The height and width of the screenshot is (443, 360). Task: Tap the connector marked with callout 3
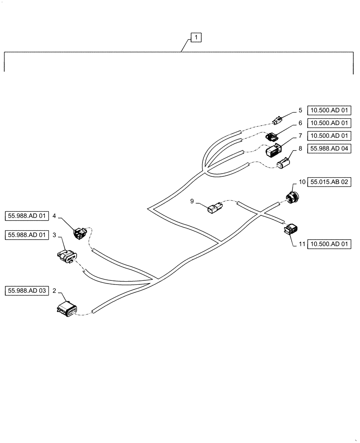tap(67, 256)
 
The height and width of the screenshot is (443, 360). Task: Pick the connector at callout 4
tap(80, 232)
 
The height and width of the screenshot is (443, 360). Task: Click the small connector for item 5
tap(277, 120)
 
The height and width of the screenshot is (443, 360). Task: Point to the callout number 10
tap(301, 182)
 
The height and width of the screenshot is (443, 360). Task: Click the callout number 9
tap(192, 202)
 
